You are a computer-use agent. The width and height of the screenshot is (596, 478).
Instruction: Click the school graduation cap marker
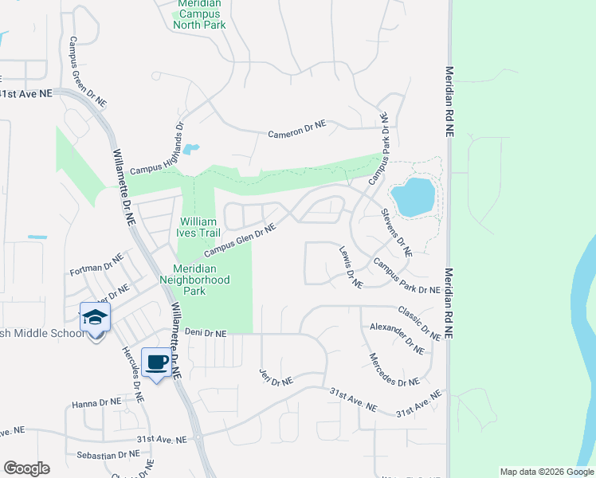tap(95, 319)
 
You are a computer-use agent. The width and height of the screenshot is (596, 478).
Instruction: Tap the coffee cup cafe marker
tap(156, 362)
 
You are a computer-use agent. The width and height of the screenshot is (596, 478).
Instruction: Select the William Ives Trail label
tap(198, 227)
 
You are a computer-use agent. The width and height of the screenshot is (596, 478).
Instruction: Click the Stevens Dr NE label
tap(396, 232)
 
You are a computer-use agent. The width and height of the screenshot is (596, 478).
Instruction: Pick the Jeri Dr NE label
tap(276, 377)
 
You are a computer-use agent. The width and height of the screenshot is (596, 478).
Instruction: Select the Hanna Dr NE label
tap(96, 403)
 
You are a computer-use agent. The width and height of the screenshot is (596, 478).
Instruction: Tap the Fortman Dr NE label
tap(96, 264)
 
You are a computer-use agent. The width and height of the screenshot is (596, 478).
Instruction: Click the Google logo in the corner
tap(26, 468)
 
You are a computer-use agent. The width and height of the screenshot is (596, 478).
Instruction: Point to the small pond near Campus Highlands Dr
tap(190, 149)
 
